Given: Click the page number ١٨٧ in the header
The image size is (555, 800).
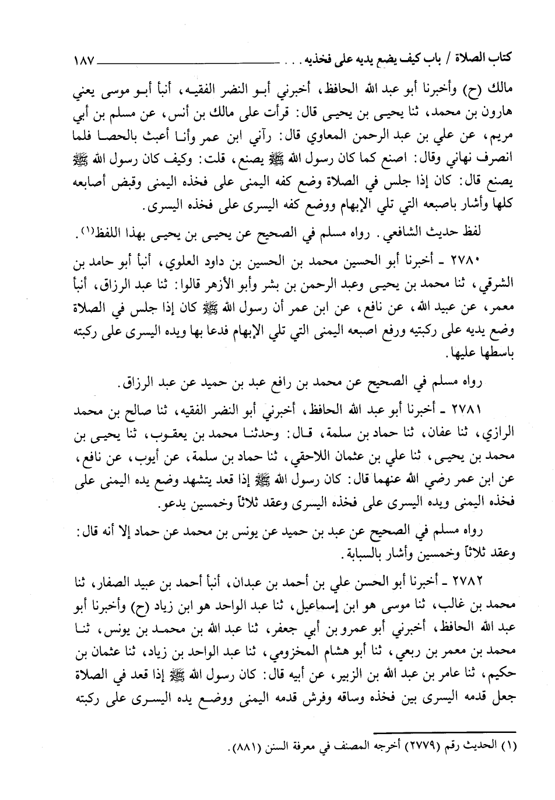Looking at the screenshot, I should tap(85, 59).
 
